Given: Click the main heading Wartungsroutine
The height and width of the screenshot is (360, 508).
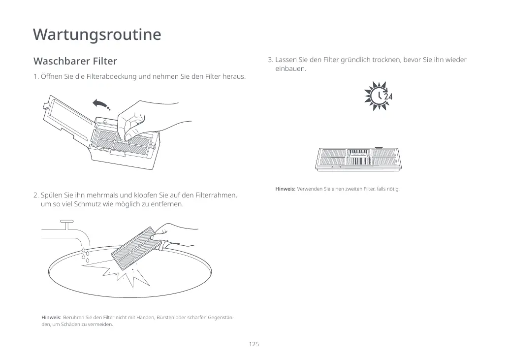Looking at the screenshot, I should coord(97,34).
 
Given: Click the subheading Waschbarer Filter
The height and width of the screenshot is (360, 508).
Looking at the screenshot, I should coord(75,61).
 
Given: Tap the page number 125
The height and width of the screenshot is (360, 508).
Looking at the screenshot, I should coord(254,344).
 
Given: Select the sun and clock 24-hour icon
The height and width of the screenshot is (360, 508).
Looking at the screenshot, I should coord(378,97).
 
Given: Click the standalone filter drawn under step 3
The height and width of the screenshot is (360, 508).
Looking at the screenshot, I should coord(359,159).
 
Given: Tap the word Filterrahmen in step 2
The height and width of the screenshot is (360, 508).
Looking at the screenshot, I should coord(215,195).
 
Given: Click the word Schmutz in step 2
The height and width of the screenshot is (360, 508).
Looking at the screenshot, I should coord(87,204).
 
